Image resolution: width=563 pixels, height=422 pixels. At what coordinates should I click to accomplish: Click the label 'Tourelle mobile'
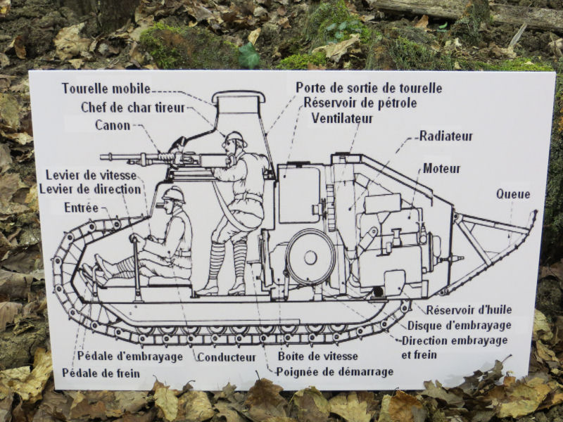106,89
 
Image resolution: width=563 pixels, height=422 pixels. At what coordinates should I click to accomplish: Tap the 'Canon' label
113,125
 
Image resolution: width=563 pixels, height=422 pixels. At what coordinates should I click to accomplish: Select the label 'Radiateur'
446,136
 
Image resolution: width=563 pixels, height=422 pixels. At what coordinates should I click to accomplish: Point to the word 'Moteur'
441,168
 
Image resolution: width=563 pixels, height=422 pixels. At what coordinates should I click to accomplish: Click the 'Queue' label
513,194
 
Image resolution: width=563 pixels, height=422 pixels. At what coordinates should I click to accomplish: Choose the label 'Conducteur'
227,357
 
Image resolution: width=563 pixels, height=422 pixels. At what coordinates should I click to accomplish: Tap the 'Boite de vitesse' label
318,356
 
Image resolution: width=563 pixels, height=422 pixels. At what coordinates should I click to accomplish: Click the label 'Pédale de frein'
101,373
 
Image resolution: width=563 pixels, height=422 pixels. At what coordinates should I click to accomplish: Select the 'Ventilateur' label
342,118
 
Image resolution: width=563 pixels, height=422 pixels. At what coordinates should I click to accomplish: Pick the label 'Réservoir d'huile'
469,309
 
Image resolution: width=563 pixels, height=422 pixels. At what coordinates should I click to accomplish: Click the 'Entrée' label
81,207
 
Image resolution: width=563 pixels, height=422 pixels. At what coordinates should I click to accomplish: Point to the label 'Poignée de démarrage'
335,372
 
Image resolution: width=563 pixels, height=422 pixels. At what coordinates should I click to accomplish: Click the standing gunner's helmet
235,137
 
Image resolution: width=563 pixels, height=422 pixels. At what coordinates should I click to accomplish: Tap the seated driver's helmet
173,195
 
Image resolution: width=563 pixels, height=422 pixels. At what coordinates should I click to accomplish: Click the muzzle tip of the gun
101,157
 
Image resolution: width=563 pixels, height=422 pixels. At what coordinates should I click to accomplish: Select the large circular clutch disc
311,257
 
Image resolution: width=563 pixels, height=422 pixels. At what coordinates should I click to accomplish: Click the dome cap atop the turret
239,96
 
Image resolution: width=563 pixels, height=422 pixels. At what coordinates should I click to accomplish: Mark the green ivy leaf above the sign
249,56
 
